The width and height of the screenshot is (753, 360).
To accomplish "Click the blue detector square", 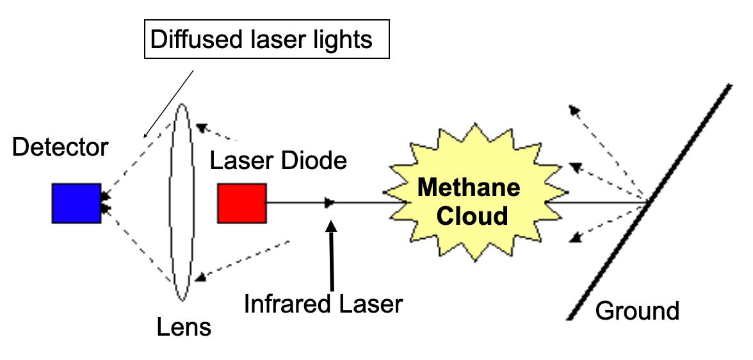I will (76, 203).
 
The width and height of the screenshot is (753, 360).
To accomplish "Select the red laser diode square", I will (241, 203).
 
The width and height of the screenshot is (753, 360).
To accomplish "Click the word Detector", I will (60, 148).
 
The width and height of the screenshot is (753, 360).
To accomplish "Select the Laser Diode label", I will (279, 161).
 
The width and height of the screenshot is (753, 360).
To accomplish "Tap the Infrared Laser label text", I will (323, 304).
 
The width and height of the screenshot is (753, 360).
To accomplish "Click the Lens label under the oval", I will (184, 328).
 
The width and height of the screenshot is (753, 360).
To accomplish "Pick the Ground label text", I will (637, 311).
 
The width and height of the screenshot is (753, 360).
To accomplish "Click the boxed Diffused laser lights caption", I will (261, 40).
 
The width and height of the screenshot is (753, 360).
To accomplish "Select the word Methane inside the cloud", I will (469, 188).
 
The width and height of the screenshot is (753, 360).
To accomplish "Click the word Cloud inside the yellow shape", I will (472, 216).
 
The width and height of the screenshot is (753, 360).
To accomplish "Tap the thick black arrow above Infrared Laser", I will (331, 256).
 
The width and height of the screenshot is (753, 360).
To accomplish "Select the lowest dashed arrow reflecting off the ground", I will (604, 222).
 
